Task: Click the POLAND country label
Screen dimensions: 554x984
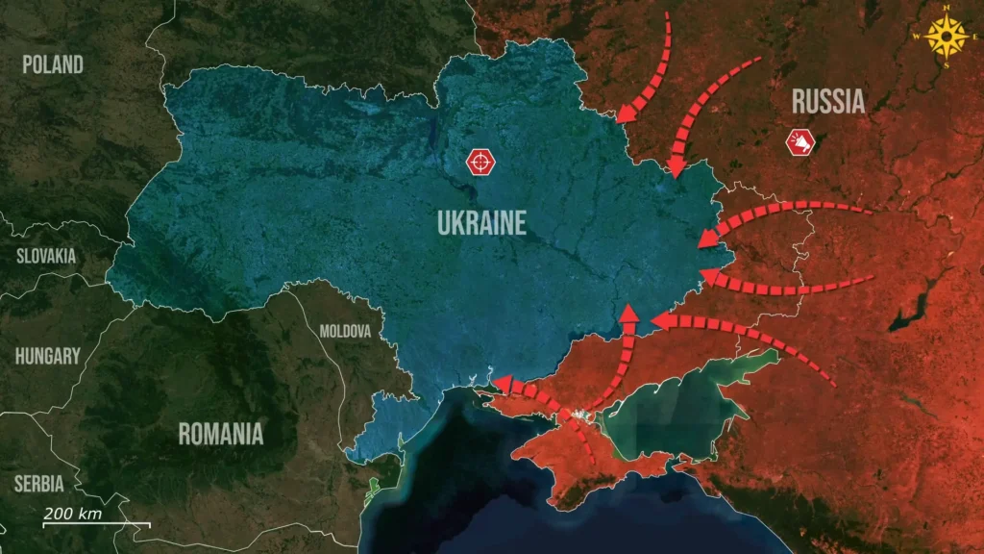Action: (53, 64)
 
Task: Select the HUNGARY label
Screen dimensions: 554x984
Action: (47, 356)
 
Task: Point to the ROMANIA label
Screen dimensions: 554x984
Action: (220, 434)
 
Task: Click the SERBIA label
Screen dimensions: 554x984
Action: (38, 484)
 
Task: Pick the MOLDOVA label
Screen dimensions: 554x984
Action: (345, 331)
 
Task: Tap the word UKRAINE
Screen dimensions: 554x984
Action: (481, 224)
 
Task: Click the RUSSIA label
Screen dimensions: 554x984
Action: (827, 101)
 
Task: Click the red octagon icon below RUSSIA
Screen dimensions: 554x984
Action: (799, 143)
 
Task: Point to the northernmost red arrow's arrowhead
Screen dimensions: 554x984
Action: (626, 113)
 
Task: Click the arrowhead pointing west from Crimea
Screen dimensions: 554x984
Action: (497, 382)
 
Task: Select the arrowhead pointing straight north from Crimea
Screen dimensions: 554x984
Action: (628, 313)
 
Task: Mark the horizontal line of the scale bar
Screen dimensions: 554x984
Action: (96, 524)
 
